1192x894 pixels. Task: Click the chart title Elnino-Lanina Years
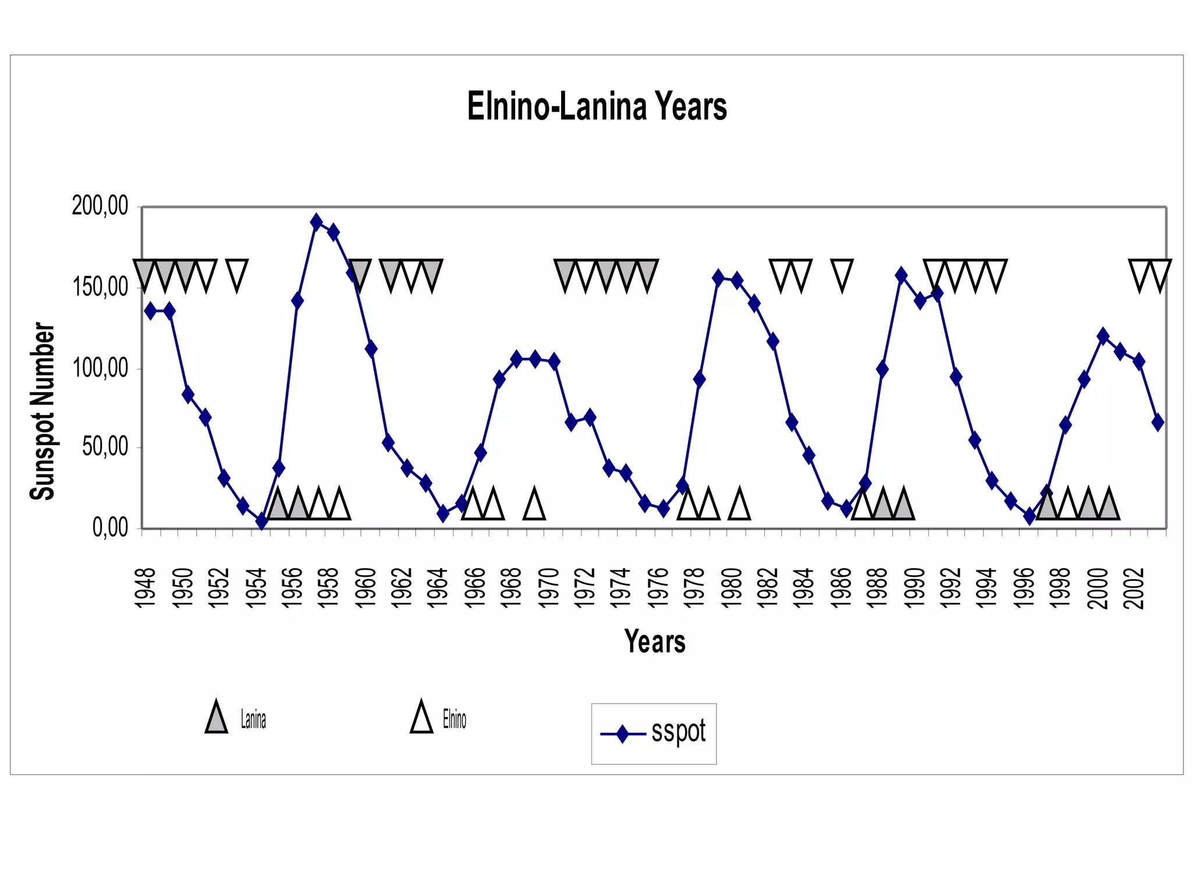[x=597, y=107]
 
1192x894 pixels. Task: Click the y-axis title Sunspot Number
[x=42, y=411]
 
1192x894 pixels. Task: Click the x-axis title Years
[x=654, y=642]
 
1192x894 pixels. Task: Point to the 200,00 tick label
[x=100, y=206]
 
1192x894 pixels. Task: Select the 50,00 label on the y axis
[x=104, y=448]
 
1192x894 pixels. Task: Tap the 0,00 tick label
[x=109, y=528]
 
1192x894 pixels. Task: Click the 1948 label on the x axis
[x=146, y=588]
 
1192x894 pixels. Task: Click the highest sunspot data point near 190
[x=316, y=222]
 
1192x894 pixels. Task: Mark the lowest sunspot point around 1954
[x=261, y=521]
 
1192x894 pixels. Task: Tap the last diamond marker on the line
[x=1158, y=422]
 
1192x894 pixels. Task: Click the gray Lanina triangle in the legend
[x=216, y=718]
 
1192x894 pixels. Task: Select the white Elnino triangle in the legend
[x=421, y=718]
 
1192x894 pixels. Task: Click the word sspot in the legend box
[x=678, y=732]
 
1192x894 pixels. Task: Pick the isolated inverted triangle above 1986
[x=842, y=274]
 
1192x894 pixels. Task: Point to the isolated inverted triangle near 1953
[x=236, y=274]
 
